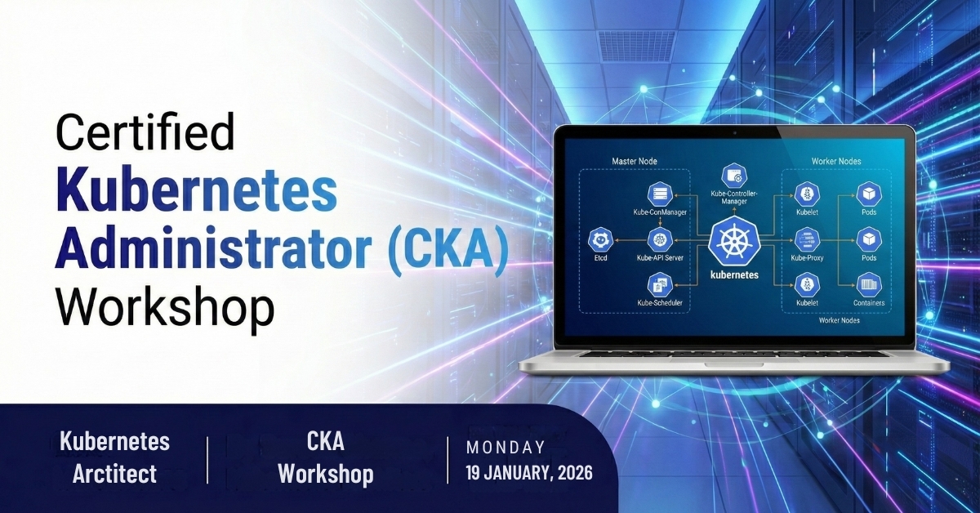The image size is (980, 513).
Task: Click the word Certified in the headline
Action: coord(145,132)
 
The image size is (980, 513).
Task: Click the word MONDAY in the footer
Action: coord(506,448)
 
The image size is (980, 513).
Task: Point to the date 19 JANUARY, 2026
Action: coord(529,473)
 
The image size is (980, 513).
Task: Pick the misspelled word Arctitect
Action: coord(114,474)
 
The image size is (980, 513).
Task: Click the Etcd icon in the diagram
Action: coord(600,240)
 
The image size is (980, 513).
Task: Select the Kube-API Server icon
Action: coord(659,240)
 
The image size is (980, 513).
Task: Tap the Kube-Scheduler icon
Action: coord(660,285)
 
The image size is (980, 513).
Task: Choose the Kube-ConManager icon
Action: coord(660,194)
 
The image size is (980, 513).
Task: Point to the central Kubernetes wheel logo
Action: coord(733,242)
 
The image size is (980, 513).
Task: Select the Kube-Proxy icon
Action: coord(807,240)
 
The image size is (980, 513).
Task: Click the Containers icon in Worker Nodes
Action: coord(868,285)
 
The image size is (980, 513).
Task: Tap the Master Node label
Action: coord(634,161)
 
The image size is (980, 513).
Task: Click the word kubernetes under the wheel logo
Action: coord(734,275)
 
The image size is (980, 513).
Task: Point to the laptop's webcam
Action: coord(734,132)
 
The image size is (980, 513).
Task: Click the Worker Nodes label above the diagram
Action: coord(836,161)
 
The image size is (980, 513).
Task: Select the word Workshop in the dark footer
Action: coord(326,474)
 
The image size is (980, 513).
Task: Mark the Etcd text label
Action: coord(600,258)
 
